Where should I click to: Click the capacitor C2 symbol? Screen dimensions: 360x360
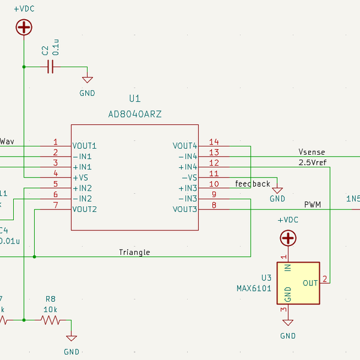tap(50, 67)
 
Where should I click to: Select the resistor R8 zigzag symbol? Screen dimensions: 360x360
tap(50, 320)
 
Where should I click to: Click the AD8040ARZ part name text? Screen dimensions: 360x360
tap(135, 113)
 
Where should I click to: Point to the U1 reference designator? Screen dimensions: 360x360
tap(135, 99)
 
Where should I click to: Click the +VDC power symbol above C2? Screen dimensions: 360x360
tap(23, 27)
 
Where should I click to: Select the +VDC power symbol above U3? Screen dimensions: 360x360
tap(288, 238)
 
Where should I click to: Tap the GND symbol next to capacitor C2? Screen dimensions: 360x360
tap(87, 80)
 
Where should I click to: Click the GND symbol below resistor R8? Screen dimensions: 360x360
tap(71, 339)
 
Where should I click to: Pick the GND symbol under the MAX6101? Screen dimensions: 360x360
tap(288, 323)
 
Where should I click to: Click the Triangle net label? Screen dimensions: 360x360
tap(134, 252)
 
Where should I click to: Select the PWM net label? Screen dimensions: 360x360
tap(312, 205)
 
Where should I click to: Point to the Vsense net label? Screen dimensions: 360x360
tap(312, 152)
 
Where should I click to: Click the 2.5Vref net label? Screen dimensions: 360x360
tap(313, 163)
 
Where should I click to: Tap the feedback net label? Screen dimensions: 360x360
tap(253, 184)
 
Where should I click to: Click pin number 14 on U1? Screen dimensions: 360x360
tap(214, 142)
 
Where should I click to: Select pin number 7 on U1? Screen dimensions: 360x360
tap(55, 206)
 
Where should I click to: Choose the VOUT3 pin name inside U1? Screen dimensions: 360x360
tap(185, 209)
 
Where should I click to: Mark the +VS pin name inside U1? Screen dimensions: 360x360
tap(81, 178)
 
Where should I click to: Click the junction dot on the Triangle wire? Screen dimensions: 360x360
tap(34, 257)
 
